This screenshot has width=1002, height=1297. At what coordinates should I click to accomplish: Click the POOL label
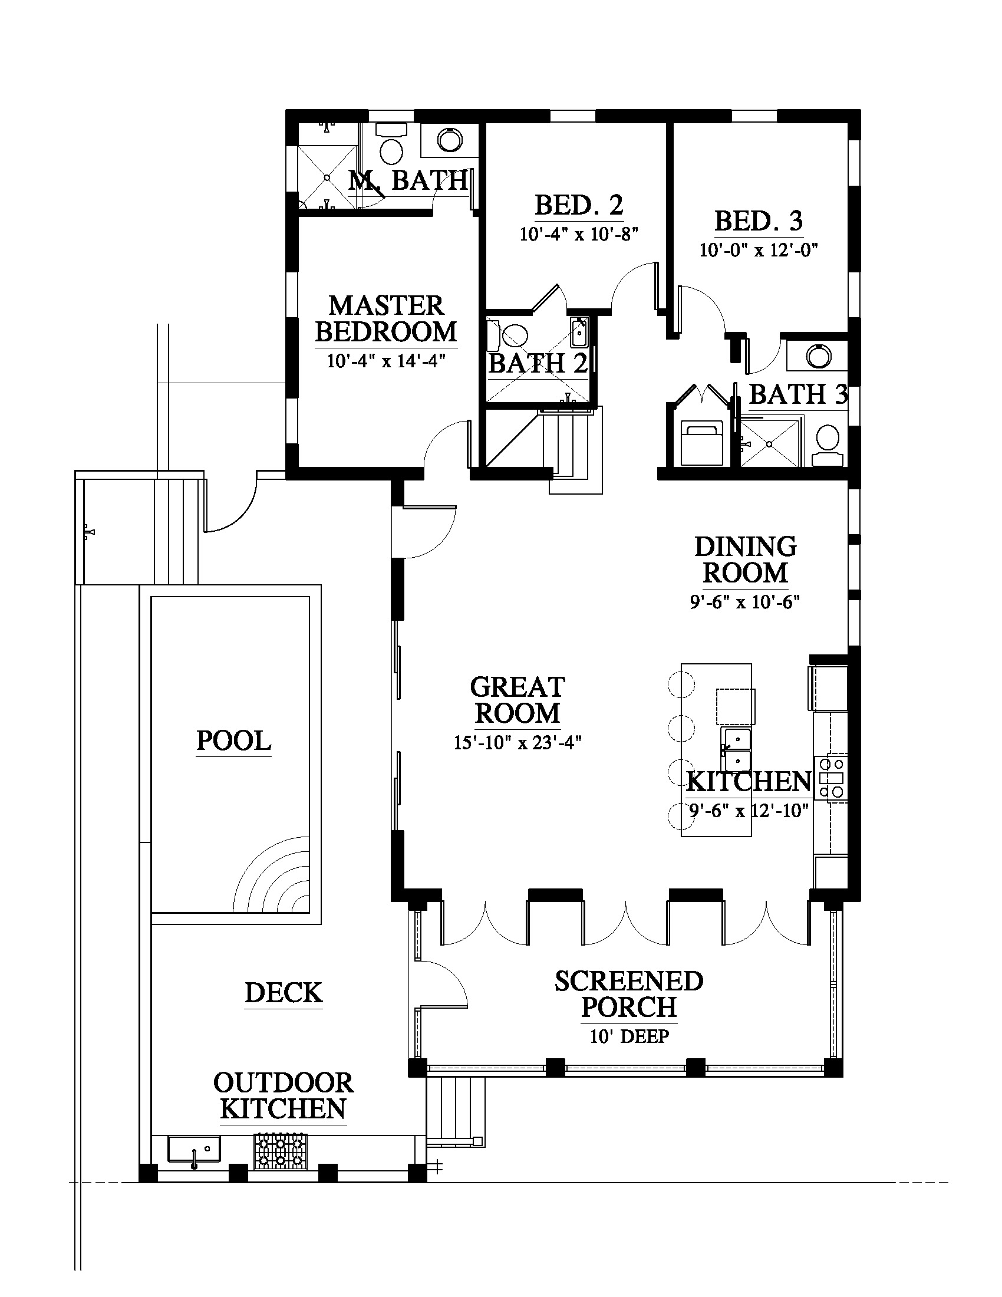pyautogui.click(x=234, y=740)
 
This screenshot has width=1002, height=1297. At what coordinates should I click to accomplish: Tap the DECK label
pyautogui.click(x=284, y=992)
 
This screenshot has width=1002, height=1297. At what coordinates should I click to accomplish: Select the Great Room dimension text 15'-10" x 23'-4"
pyautogui.click(x=518, y=742)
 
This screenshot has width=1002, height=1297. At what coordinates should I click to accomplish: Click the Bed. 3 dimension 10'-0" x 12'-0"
pyautogui.click(x=759, y=250)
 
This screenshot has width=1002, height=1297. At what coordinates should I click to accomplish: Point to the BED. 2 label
pyautogui.click(x=579, y=206)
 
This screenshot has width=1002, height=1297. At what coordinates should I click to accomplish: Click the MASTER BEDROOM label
pyautogui.click(x=386, y=319)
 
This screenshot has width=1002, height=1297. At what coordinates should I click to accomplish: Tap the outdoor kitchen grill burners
pyautogui.click(x=281, y=1150)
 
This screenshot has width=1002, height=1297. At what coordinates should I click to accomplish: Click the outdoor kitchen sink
pyautogui.click(x=193, y=1149)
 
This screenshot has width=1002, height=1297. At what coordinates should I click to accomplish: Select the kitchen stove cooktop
pyautogui.click(x=833, y=777)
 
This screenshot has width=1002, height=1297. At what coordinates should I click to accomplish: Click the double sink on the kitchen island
pyautogui.click(x=736, y=749)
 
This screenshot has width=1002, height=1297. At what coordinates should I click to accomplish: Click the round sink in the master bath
pyautogui.click(x=449, y=140)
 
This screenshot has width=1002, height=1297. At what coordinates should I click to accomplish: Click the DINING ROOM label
pyautogui.click(x=746, y=560)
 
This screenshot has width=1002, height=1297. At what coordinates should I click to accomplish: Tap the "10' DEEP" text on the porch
pyautogui.click(x=629, y=1036)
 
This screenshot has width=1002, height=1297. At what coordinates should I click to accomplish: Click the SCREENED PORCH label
pyautogui.click(x=629, y=994)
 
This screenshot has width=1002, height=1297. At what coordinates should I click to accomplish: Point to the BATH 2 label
pyautogui.click(x=538, y=363)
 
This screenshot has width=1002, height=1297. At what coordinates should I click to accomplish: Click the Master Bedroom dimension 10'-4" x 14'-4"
pyautogui.click(x=386, y=360)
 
